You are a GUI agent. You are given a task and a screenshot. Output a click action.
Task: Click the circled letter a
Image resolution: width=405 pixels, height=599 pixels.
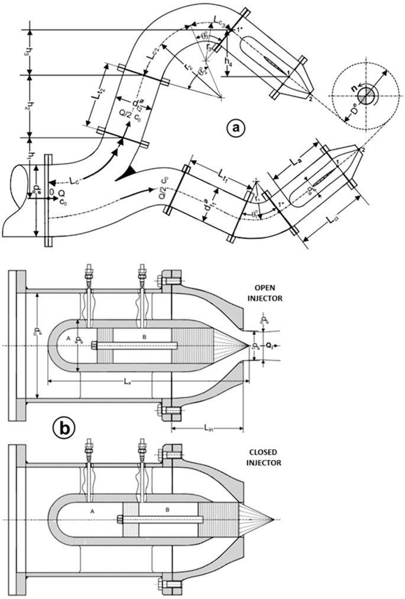click(236, 127)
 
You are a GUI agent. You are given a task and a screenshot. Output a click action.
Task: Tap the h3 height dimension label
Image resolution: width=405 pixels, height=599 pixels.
click(34, 52)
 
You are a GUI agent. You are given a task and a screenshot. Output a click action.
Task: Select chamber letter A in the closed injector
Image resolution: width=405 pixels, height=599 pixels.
click(91, 509)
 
